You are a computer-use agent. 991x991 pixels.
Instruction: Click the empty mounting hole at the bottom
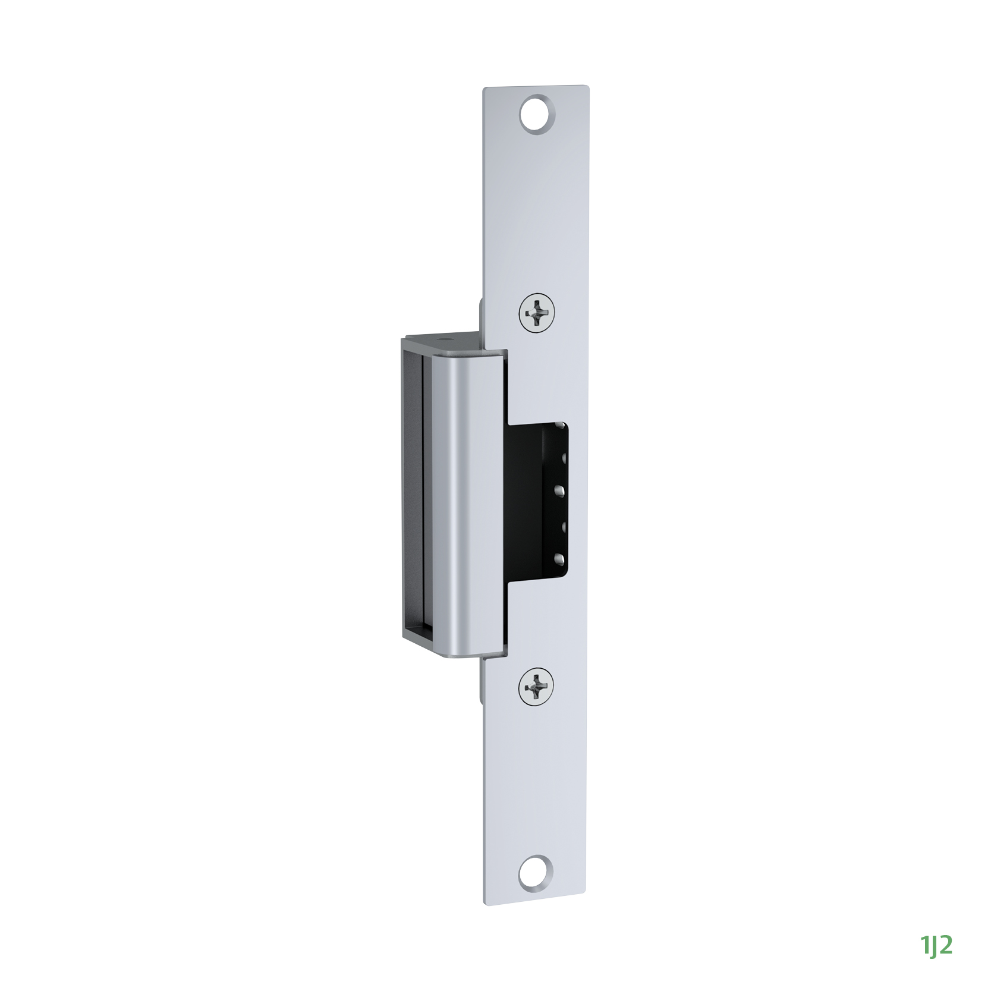pyautogui.click(x=535, y=872)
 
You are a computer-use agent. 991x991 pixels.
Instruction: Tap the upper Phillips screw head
pyautogui.click(x=536, y=312)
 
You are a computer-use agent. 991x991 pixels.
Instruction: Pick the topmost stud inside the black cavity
pyautogui.click(x=560, y=426)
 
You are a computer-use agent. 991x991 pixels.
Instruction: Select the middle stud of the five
pyautogui.click(x=559, y=491)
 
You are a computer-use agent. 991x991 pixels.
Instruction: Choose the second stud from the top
pyautogui.click(x=560, y=458)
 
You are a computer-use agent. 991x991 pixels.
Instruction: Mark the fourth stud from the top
pyautogui.click(x=559, y=524)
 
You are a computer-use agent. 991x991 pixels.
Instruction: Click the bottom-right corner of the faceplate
pyautogui.click(x=585, y=904)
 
